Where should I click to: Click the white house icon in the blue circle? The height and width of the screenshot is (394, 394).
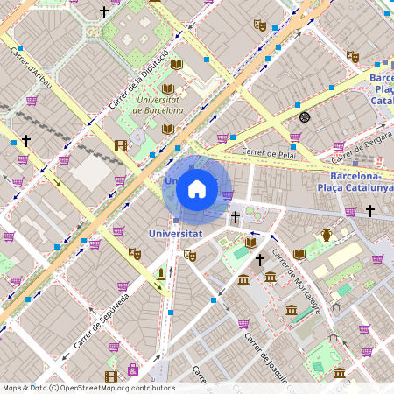pyautogui.click(x=197, y=189)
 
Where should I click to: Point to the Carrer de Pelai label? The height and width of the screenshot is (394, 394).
pyautogui.click(x=269, y=153)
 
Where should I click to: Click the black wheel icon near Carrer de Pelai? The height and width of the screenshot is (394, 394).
pyautogui.click(x=304, y=117)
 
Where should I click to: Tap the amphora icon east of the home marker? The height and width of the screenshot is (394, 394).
pyautogui.click(x=327, y=234)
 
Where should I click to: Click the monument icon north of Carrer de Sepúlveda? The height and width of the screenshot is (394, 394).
pyautogui.click(x=160, y=276)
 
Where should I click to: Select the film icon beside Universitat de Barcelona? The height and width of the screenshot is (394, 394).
pyautogui.click(x=120, y=146)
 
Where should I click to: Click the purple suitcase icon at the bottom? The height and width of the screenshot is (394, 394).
pyautogui.click(x=132, y=369)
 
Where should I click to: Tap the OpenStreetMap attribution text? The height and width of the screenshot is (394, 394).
pyautogui.click(x=88, y=388)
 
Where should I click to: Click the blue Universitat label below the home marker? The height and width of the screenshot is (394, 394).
pyautogui.click(x=175, y=235)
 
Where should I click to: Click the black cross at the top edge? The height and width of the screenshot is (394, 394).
pyautogui.click(x=104, y=12)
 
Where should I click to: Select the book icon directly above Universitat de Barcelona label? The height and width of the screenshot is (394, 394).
pyautogui.click(x=168, y=88)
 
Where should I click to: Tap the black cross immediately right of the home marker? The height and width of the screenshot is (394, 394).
pyautogui.click(x=235, y=216)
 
